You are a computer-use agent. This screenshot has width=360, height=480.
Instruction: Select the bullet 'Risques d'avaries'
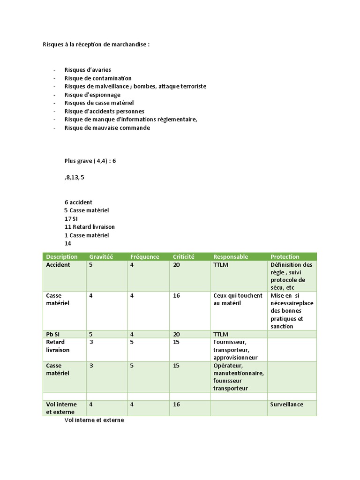click(88, 70)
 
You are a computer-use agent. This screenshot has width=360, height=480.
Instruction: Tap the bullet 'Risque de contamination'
click(98, 78)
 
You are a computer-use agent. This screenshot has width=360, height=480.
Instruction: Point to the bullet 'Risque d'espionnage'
click(92, 95)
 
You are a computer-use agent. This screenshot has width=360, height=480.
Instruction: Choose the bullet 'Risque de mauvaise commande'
click(107, 127)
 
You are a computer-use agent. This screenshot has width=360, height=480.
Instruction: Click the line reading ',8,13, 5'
click(75, 178)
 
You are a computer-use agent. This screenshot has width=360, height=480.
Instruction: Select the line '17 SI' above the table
click(71, 218)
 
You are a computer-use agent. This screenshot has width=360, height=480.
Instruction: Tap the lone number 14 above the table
click(68, 244)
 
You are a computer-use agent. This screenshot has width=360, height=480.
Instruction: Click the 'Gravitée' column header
click(101, 256)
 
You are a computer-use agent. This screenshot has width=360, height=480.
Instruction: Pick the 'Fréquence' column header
click(144, 256)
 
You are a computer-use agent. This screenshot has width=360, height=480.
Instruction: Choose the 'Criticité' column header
click(183, 256)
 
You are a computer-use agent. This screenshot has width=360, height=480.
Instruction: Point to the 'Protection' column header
click(285, 256)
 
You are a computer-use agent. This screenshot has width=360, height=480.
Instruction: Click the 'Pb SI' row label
click(53, 334)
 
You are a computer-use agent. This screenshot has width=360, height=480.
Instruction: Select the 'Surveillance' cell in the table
click(287, 404)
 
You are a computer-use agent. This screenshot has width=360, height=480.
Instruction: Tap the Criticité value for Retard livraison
click(176, 342)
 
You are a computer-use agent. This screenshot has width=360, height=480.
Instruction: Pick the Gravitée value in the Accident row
click(90, 265)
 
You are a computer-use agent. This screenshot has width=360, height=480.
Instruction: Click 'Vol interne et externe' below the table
click(94, 420)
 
